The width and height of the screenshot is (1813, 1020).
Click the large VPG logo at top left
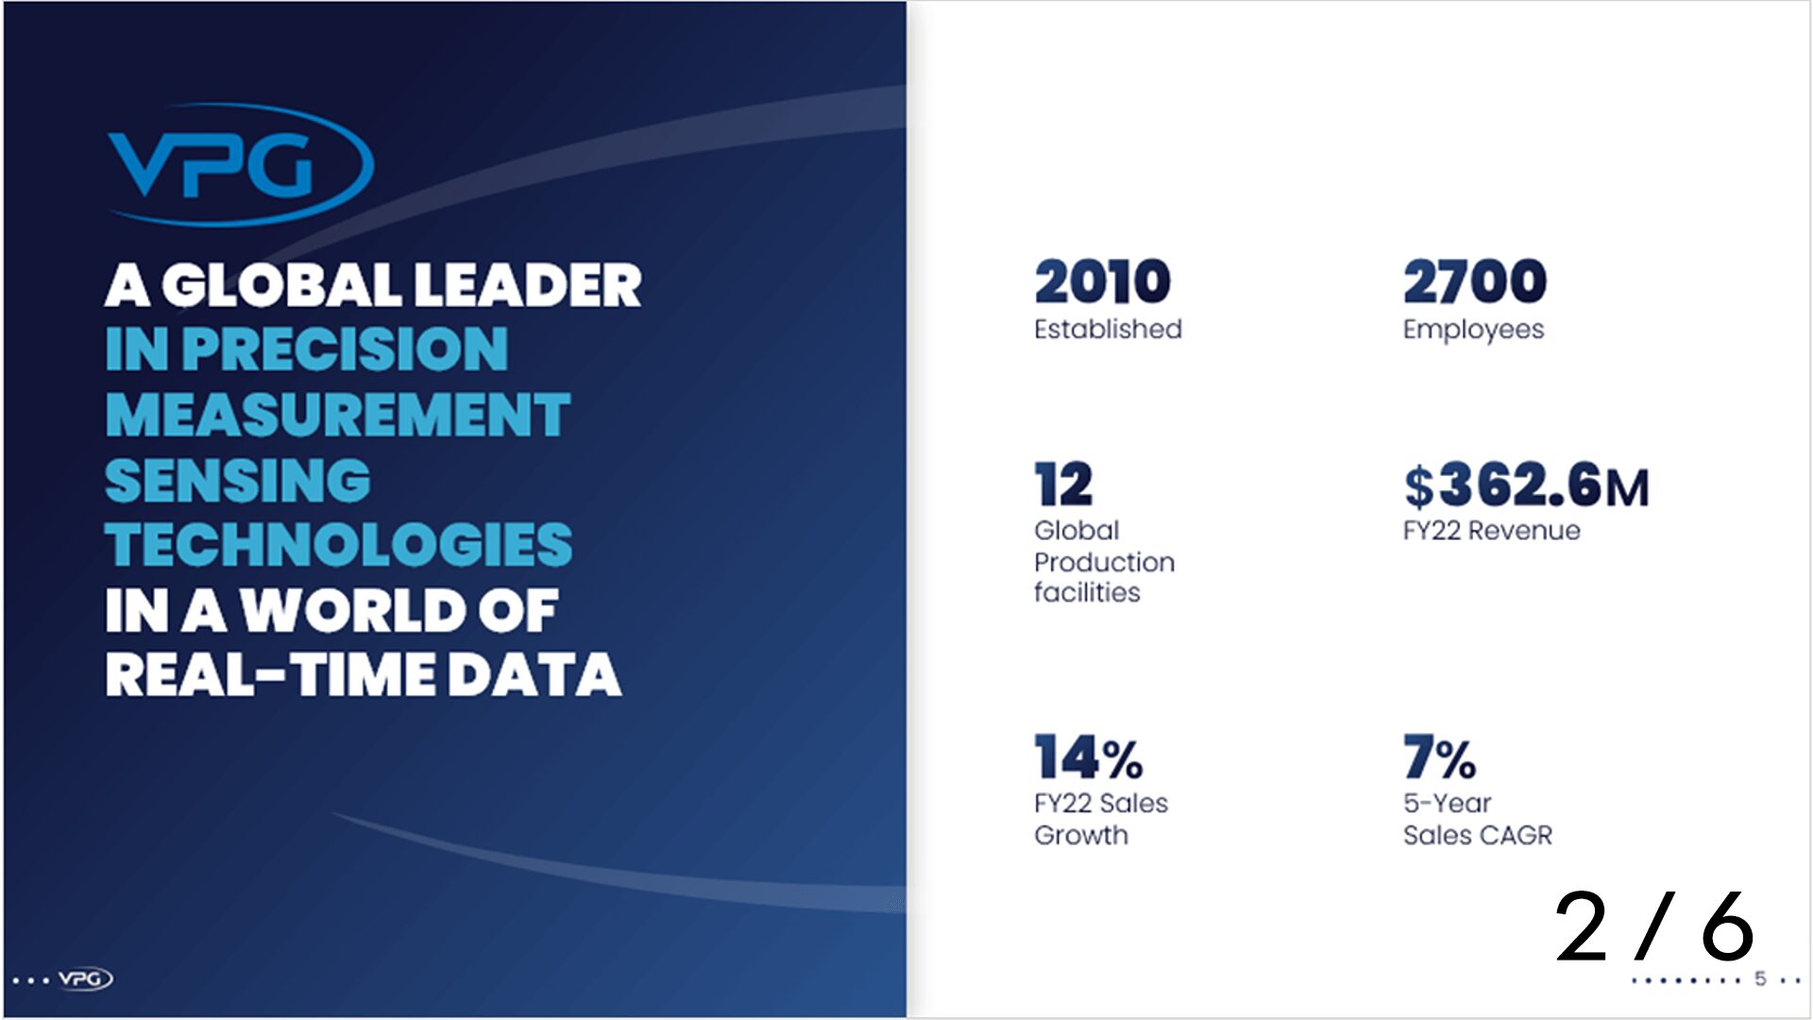[240, 164]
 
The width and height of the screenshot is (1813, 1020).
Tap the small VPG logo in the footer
[85, 978]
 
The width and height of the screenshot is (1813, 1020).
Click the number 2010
[1102, 281]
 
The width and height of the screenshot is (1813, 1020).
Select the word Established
[1108, 329]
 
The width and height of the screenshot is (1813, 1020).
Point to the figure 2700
[1474, 281]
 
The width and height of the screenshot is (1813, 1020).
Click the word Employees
[1473, 330]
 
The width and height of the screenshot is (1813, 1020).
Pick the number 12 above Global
[1063, 484]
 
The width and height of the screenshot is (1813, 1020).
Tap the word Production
[1104, 562]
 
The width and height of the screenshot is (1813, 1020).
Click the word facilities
[1087, 592]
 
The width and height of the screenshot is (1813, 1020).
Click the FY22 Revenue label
[1491, 531]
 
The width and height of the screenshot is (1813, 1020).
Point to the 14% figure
[1088, 757]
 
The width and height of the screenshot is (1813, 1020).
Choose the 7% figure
[1439, 757]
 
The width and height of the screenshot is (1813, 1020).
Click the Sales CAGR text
[1477, 835]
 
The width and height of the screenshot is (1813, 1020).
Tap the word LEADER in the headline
[528, 285]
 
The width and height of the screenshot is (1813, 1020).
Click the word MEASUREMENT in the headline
[338, 415]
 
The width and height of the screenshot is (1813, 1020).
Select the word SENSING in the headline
[238, 480]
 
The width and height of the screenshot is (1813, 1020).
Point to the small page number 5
[1760, 978]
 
